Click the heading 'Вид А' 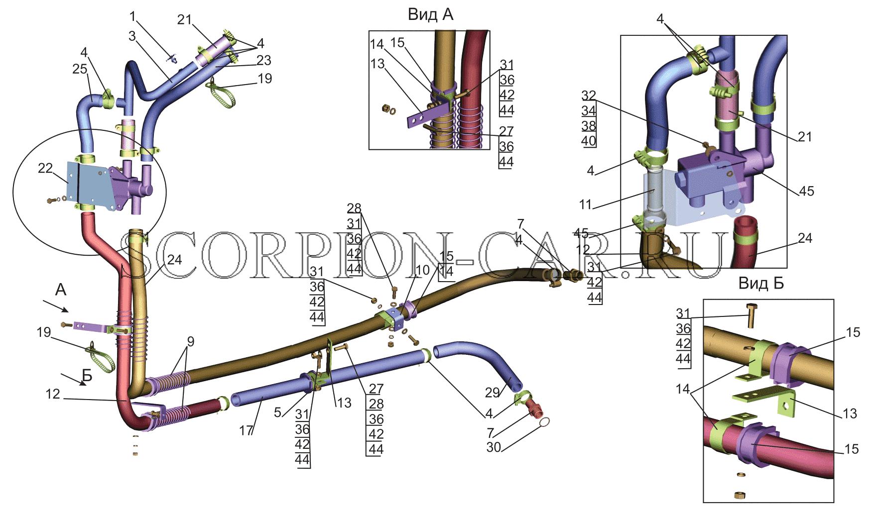(430, 14)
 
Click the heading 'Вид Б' (760, 284)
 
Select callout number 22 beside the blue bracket (45, 169)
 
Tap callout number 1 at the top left (132, 16)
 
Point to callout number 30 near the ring (494, 447)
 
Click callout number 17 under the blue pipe (246, 430)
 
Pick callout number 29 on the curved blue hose (493, 393)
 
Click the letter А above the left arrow (60, 290)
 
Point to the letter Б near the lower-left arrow (87, 376)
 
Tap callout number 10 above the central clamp (422, 270)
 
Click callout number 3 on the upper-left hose (131, 36)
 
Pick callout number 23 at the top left (264, 60)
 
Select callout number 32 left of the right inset (588, 96)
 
